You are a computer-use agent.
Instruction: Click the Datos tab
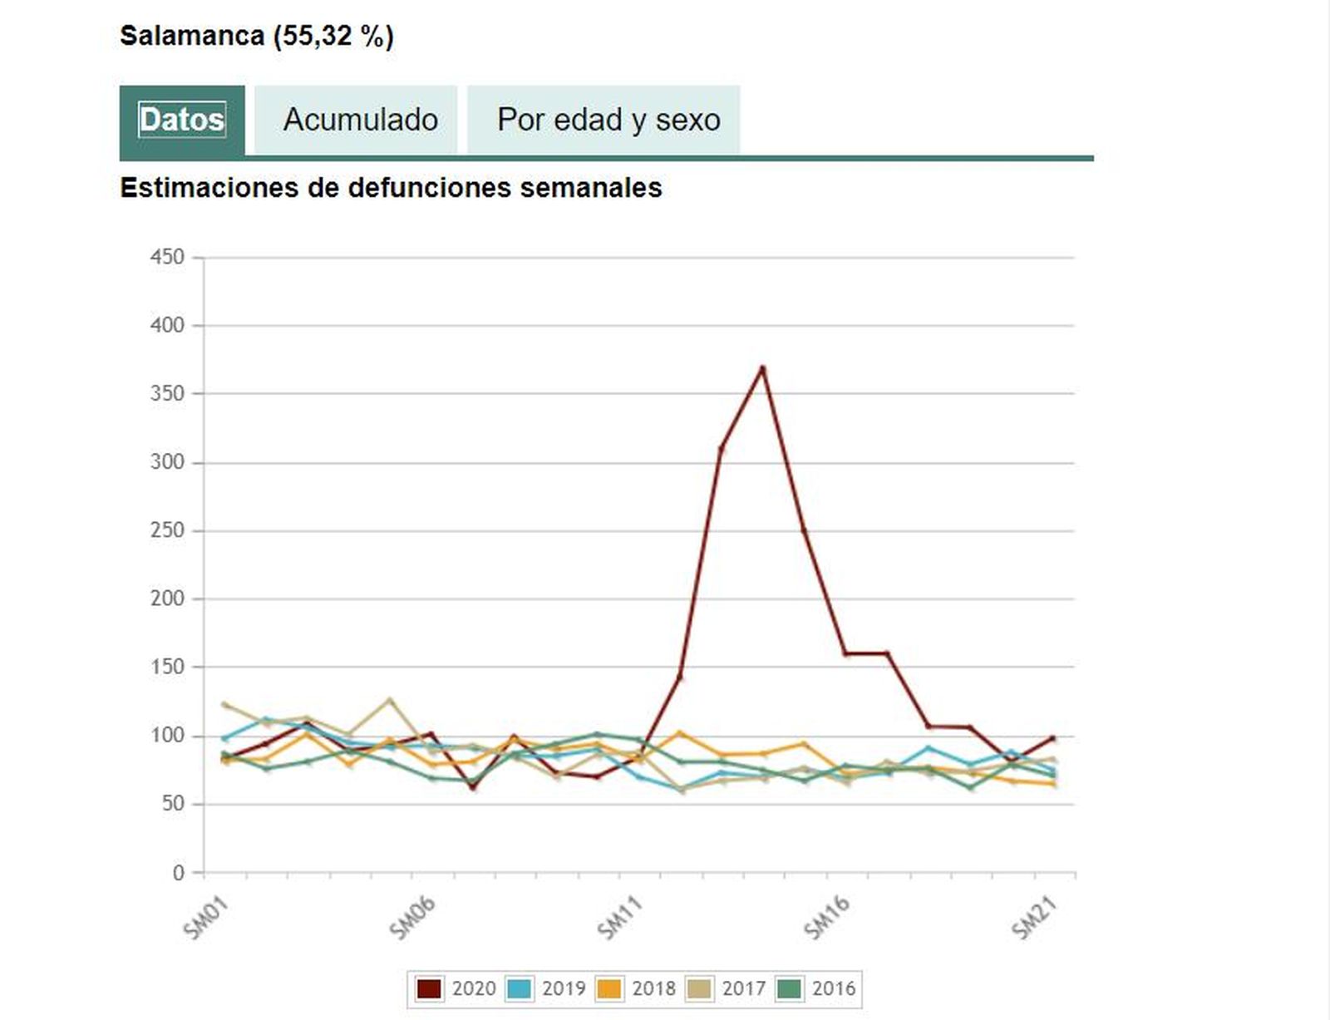point(182,120)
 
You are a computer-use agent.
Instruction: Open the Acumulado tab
point(360,120)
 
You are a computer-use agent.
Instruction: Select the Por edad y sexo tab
point(608,120)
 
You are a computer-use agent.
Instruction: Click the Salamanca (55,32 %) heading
point(256,36)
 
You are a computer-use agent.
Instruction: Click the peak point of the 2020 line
point(762,367)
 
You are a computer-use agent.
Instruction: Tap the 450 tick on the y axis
point(167,257)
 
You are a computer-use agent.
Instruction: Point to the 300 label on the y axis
point(167,462)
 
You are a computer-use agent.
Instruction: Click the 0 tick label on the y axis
point(178,873)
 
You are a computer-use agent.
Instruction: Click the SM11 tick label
point(620,918)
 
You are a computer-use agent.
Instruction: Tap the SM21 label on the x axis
point(1034,918)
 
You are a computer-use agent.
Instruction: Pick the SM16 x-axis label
point(827,918)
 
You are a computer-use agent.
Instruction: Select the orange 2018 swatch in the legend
point(609,988)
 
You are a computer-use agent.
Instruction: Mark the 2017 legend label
point(743,988)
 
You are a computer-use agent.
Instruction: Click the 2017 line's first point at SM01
point(224,704)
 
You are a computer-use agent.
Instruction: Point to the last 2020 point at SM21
point(1052,738)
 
